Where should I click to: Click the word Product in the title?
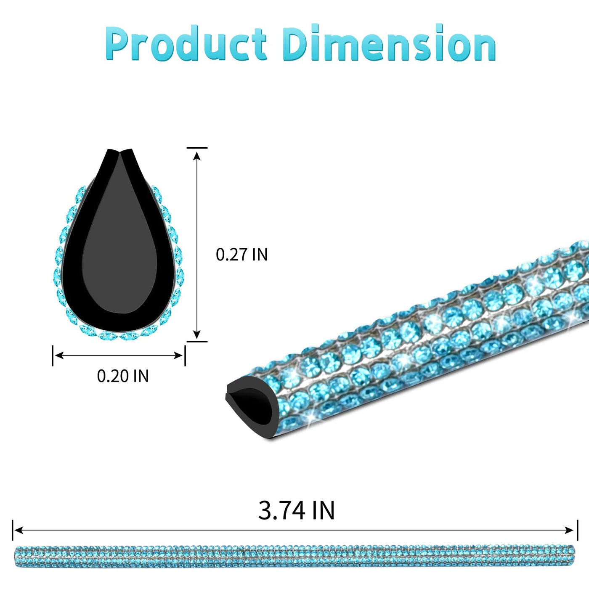coord(186,43)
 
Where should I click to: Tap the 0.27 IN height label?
coord(242,254)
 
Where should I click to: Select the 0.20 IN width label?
coord(123,376)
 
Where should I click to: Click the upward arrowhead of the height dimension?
coord(197,156)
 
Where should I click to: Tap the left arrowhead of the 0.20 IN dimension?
coord(59,356)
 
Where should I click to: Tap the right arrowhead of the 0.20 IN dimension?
coord(178,356)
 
